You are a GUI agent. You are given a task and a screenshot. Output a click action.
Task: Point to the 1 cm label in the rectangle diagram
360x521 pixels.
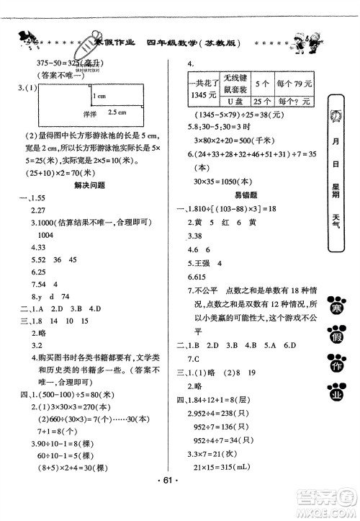100,96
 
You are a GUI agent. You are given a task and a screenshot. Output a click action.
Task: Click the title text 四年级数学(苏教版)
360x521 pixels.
194,43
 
